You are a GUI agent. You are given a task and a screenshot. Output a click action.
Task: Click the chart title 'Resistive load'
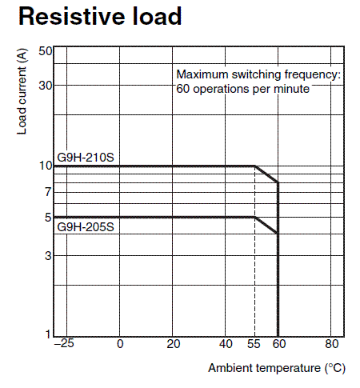(x=100, y=17)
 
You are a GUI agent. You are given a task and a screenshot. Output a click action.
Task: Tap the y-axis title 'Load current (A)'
(x=22, y=91)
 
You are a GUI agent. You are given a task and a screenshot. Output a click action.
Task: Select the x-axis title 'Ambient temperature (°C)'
(x=277, y=368)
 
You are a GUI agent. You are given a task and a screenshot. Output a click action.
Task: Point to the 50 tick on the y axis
(x=46, y=51)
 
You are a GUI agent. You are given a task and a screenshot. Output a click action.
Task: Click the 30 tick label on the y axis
(x=46, y=86)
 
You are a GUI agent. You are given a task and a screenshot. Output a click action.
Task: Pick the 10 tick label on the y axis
(x=46, y=166)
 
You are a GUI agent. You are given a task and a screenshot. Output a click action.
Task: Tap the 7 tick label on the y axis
(x=48, y=192)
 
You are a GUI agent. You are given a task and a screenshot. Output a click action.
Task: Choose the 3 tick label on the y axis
(x=48, y=256)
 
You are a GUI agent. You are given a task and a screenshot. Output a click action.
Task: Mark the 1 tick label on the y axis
(x=48, y=334)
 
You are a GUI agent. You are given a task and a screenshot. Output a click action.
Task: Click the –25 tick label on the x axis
(x=64, y=343)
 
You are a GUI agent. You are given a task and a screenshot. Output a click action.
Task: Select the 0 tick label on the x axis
(x=120, y=344)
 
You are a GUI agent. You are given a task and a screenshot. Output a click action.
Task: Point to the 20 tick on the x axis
(x=174, y=344)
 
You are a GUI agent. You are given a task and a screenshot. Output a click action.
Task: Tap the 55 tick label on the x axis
(x=254, y=344)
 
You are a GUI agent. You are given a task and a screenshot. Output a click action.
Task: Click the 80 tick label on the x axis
(x=332, y=344)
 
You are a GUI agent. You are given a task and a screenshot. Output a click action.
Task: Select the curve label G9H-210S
(x=86, y=158)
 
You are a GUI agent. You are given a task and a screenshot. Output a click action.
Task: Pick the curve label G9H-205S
(x=86, y=227)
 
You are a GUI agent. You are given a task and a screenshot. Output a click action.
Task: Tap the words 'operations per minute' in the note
(x=251, y=89)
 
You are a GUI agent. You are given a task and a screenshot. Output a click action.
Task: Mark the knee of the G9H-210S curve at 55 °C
(x=255, y=166)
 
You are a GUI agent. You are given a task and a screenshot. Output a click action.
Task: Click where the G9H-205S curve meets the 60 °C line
(x=278, y=234)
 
